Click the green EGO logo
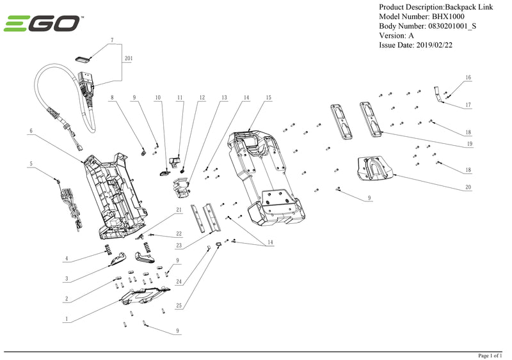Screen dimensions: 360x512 click(x=43, y=24)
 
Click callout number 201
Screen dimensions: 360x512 click(x=129, y=58)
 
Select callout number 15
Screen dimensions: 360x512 click(x=268, y=98)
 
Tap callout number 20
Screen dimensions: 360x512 click(x=468, y=187)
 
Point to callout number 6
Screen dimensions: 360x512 click(x=31, y=131)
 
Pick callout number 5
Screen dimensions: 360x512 click(x=31, y=164)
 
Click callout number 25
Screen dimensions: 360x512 click(x=179, y=306)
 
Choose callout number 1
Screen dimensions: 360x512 click(x=67, y=318)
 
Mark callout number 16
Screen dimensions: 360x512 click(x=468, y=77)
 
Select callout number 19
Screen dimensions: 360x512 click(x=469, y=145)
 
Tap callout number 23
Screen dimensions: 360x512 click(x=179, y=246)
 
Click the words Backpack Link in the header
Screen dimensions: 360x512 click(x=474, y=6)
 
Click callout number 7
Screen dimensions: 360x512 click(x=112, y=40)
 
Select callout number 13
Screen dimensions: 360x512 click(x=224, y=98)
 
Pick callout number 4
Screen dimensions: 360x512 click(x=66, y=259)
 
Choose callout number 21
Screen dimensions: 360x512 click(x=179, y=210)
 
